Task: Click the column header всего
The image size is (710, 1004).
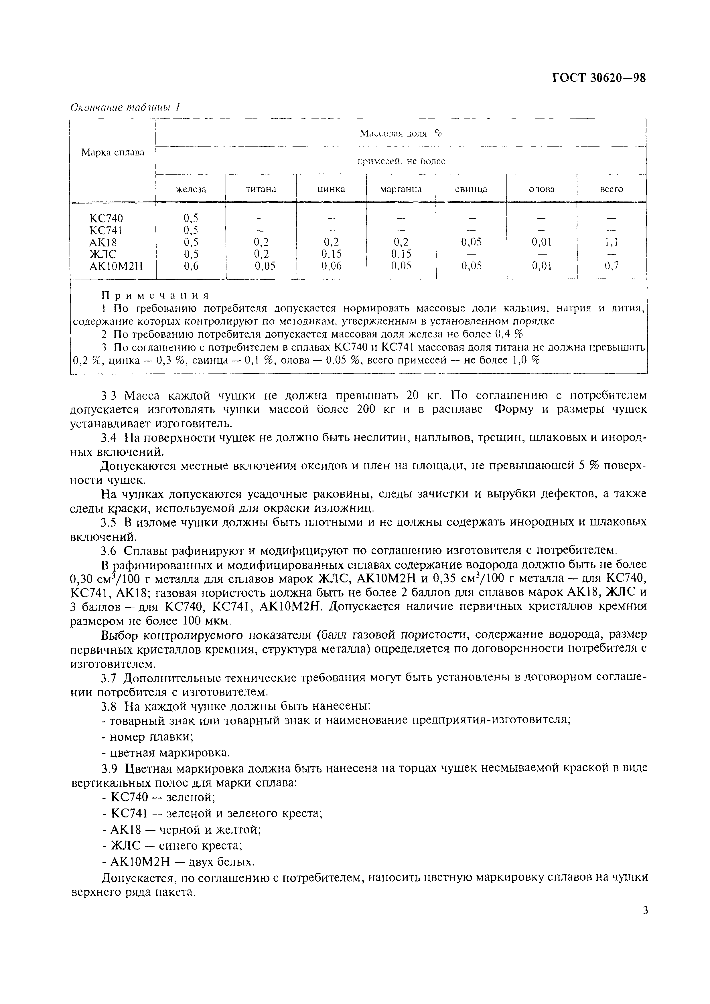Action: point(611,189)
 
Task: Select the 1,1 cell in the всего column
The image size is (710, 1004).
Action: point(611,242)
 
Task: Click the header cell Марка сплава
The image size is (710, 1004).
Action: point(113,153)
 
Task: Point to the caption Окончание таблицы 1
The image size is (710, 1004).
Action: point(126,108)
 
